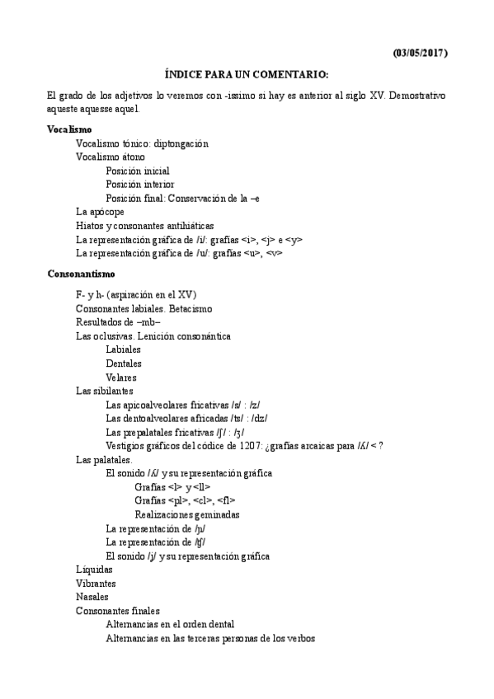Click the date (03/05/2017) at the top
[x=420, y=54]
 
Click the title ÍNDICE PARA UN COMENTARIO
[x=247, y=74]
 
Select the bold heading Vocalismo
[x=69, y=129]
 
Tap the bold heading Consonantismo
[x=81, y=273]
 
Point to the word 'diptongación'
[x=181, y=143]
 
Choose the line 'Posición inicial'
[x=138, y=171]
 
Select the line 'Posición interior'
[x=139, y=185]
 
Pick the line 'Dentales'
[x=124, y=364]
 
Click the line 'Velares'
[x=121, y=378]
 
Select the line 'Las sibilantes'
[x=104, y=391]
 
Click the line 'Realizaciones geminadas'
[x=187, y=514]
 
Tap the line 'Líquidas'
[x=92, y=570]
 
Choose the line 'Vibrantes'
[x=96, y=583]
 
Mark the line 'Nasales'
[x=92, y=597]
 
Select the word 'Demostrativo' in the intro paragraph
[x=416, y=96]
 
